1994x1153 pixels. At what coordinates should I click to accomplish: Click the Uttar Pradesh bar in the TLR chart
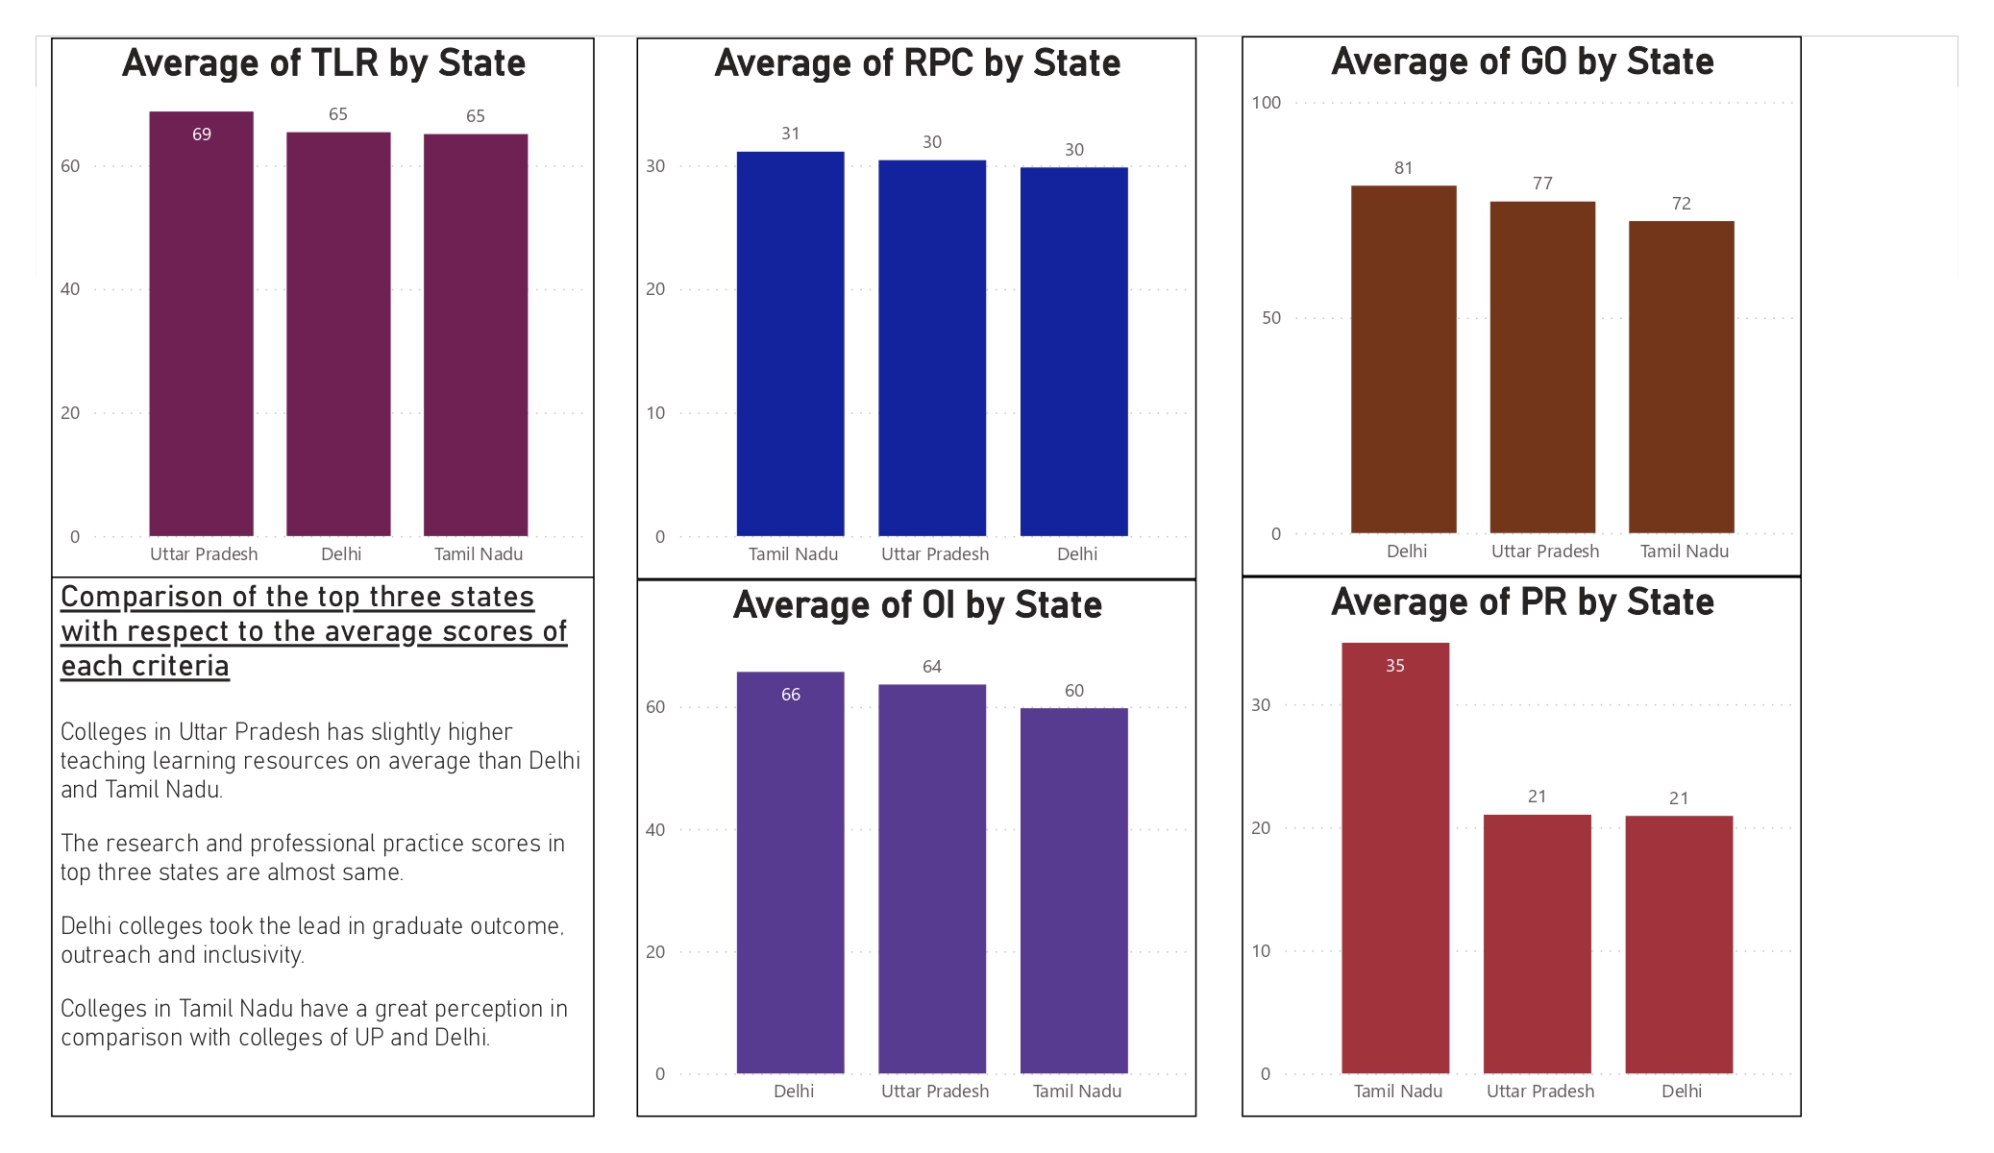[x=202, y=327]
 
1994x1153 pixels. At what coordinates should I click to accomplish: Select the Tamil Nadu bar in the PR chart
[x=1395, y=865]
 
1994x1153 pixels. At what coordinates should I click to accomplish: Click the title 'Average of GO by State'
[x=1522, y=62]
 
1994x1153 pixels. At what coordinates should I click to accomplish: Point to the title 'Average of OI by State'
[x=917, y=605]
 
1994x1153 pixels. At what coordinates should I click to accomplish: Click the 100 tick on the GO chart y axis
[x=1267, y=103]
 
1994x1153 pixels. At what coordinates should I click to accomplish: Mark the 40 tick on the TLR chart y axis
[x=70, y=289]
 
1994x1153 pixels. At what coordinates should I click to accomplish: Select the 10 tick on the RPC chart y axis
[x=655, y=413]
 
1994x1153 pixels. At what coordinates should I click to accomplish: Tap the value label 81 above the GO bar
[x=1404, y=168]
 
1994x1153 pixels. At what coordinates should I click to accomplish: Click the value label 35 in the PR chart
[x=1395, y=666]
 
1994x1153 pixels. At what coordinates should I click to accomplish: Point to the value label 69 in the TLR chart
[x=202, y=135]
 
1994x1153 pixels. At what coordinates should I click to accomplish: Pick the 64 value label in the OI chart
[x=932, y=667]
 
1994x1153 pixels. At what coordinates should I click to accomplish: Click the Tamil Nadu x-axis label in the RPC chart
[x=793, y=554]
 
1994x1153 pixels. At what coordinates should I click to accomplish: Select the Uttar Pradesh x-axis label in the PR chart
[x=1540, y=1092]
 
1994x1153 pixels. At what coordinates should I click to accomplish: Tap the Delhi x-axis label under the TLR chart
[x=341, y=554]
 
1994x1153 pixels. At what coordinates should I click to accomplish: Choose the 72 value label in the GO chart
[x=1682, y=204]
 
